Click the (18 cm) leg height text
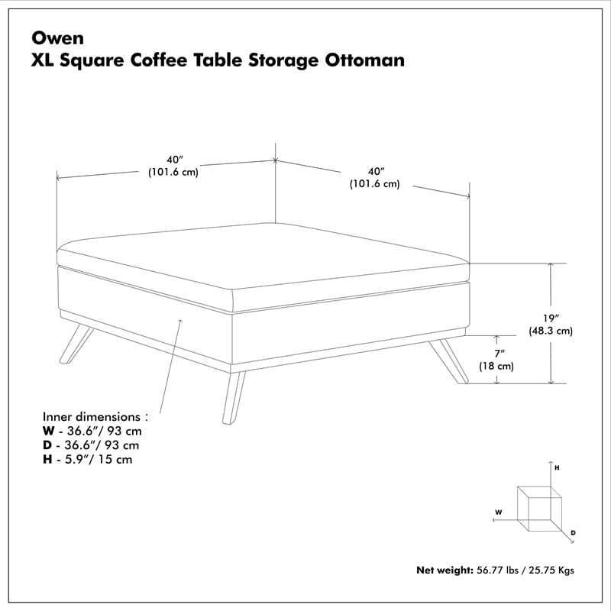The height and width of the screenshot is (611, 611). coord(496,366)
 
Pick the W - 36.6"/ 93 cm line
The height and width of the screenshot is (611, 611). coord(92,432)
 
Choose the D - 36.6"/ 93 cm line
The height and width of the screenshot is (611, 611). coord(92,445)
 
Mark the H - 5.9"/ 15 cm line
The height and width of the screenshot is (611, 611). coord(88,459)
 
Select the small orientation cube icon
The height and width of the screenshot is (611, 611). coord(539,508)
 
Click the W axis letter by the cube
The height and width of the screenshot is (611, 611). coord(498,512)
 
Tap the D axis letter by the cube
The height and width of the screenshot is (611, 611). coord(573,532)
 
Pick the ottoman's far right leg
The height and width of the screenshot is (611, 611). coord(451,360)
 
